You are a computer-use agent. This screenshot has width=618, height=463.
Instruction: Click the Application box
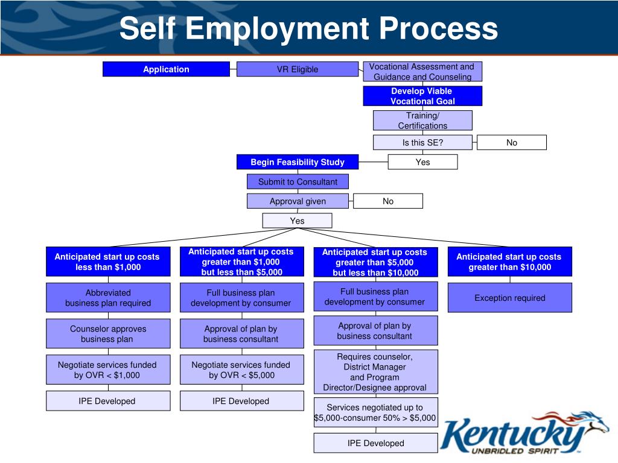click(166, 69)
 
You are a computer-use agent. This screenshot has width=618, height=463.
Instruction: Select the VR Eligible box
click(297, 69)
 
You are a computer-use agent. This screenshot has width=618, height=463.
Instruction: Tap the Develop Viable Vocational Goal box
click(422, 96)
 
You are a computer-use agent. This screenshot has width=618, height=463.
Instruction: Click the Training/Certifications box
click(422, 121)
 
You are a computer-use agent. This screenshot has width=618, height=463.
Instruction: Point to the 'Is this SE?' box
click(422, 143)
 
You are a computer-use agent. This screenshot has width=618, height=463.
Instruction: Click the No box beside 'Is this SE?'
click(511, 143)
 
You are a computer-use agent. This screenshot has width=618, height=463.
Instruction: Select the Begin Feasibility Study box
click(297, 162)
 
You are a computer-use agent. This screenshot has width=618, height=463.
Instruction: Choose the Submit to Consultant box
click(297, 181)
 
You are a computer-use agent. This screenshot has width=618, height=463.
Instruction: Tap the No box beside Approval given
click(387, 201)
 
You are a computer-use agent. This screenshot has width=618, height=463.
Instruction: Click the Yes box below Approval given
click(297, 221)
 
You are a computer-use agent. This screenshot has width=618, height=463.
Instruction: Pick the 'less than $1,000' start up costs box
click(108, 262)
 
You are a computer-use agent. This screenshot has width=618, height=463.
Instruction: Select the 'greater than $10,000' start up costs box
click(509, 262)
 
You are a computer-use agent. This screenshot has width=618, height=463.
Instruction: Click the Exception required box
click(509, 298)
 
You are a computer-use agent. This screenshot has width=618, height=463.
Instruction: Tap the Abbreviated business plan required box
click(108, 298)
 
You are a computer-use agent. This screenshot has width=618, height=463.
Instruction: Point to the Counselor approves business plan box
click(108, 334)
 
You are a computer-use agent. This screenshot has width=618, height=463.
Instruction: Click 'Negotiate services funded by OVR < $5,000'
click(241, 370)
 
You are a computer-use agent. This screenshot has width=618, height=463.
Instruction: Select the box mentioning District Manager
click(375, 372)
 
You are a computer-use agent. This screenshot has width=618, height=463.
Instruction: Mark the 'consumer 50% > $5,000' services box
click(375, 412)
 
